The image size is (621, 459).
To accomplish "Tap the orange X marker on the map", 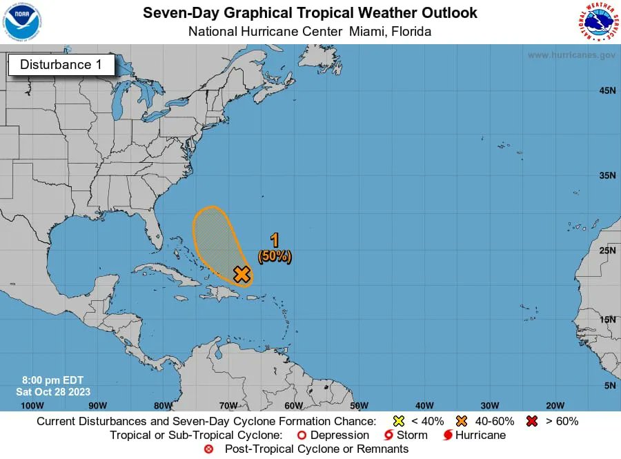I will point(241,274).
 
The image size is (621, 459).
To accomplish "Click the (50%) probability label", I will point(275,256).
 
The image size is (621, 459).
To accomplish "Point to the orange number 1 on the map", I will point(275,240).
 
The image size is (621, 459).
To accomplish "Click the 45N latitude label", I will point(607,90).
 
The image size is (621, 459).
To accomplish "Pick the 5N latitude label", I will point(609,386).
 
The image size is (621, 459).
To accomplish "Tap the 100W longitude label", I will point(32,405).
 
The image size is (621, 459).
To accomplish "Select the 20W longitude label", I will point(555,405).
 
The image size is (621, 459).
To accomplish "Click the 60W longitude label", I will point(293,405).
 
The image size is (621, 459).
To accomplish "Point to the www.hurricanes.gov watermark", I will point(571,55).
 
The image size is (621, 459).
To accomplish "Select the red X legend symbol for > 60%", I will point(531,421).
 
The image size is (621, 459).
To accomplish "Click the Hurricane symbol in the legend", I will point(447,436).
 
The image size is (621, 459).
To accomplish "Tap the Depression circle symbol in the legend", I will point(301,436).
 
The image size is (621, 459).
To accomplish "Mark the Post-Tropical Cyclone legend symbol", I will point(208,449).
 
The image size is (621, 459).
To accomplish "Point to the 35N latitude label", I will point(607,175).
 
